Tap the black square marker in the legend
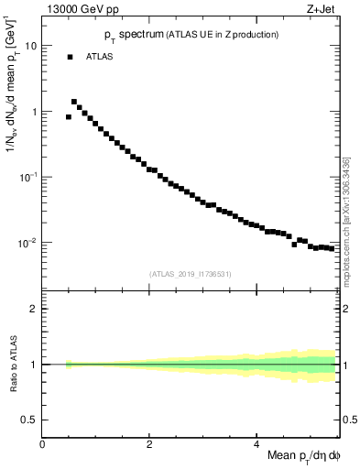(70, 57)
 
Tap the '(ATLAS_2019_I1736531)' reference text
(191, 273)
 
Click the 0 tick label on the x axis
(42, 442)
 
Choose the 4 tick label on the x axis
(256, 442)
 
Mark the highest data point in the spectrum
(74, 102)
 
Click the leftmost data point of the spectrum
(69, 117)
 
